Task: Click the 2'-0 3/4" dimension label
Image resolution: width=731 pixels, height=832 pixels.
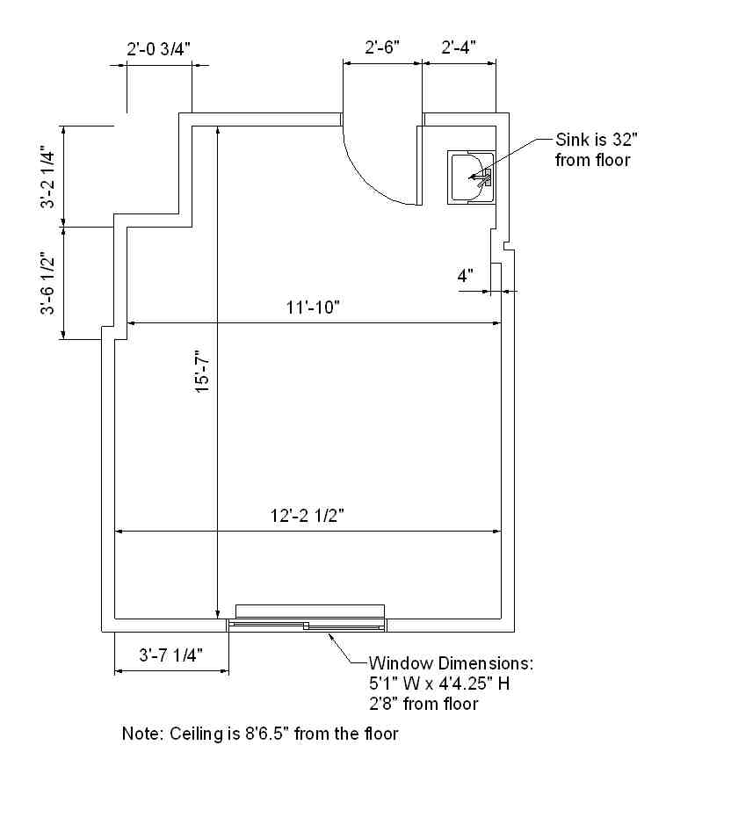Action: [x=158, y=49]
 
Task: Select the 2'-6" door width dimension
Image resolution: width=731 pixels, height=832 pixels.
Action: [x=382, y=47]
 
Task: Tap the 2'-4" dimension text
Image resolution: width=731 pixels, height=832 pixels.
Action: [x=459, y=47]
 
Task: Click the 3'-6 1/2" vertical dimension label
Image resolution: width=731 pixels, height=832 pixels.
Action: [x=47, y=284]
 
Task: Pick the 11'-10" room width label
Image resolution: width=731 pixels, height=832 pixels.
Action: [x=313, y=307]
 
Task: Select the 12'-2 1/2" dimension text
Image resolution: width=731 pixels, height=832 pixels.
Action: [x=308, y=516]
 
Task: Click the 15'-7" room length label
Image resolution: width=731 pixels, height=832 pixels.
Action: [x=203, y=371]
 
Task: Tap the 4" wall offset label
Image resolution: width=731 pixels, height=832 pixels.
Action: [x=466, y=276]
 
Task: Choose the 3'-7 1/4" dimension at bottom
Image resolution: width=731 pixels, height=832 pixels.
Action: [x=170, y=655]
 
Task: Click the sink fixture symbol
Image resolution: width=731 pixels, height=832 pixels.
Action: [x=471, y=177]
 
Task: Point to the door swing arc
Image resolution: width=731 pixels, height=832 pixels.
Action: [x=369, y=176]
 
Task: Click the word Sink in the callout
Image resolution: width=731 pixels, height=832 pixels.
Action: [x=572, y=140]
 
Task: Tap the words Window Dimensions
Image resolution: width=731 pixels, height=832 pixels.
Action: [x=451, y=663]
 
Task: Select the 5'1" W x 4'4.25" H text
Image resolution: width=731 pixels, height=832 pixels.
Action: [x=439, y=684]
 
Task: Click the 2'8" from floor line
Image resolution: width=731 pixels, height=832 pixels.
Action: [x=423, y=704]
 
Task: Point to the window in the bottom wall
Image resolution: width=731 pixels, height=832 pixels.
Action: [x=308, y=625]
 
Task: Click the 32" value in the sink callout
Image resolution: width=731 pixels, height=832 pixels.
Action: [x=625, y=140]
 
